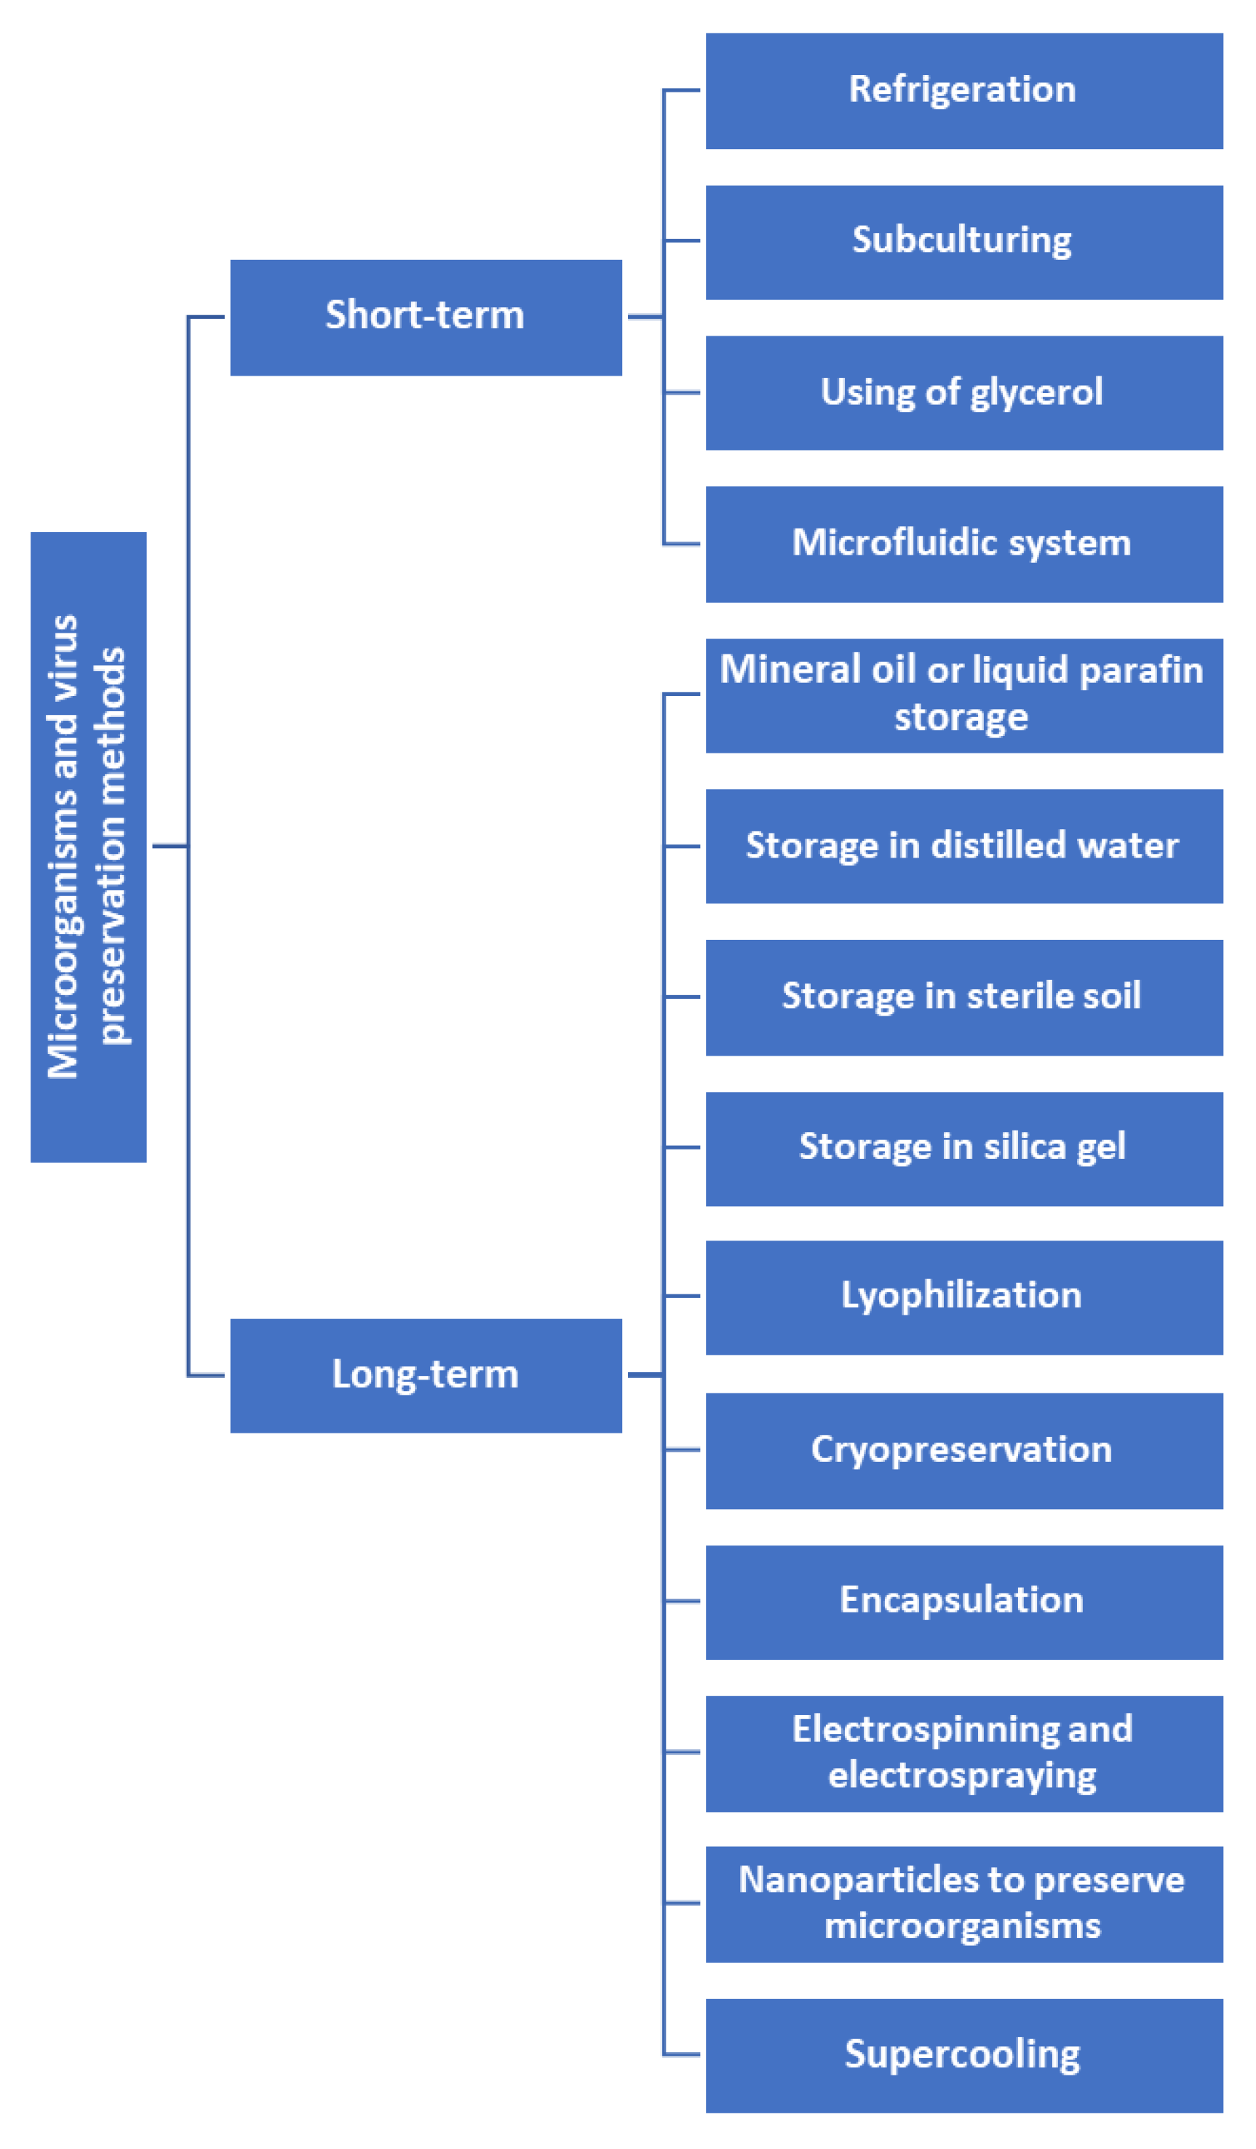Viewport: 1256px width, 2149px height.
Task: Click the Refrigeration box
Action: [963, 90]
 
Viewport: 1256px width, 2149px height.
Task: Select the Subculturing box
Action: [963, 242]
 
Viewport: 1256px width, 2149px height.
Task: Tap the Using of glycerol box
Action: [963, 392]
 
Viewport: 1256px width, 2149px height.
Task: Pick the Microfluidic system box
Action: [963, 543]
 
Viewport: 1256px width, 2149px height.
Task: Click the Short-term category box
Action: [426, 317]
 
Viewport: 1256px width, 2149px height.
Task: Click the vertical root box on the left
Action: [89, 846]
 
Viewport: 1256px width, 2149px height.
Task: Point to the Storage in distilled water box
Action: [963, 846]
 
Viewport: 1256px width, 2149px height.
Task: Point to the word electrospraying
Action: [962, 1776]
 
